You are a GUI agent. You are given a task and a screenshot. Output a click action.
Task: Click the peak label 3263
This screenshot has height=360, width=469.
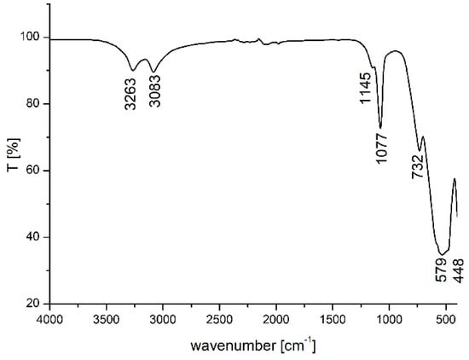tap(130, 94)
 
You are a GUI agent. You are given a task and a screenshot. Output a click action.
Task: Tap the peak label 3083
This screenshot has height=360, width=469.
tap(155, 91)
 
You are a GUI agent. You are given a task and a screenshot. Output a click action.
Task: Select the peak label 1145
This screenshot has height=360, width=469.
tap(366, 88)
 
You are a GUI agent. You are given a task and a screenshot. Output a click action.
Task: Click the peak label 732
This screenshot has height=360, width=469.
tap(418, 166)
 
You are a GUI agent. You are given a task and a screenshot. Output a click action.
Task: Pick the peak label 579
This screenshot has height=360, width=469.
tap(441, 270)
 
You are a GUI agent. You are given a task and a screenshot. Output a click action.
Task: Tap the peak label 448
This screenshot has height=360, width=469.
tap(458, 270)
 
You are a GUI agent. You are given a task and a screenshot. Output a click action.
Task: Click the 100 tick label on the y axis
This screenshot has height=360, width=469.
tap(30, 37)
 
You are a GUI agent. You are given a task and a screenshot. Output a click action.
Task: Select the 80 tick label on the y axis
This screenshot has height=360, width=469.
tap(33, 104)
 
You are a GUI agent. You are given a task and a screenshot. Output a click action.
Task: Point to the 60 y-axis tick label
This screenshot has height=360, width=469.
tap(33, 171)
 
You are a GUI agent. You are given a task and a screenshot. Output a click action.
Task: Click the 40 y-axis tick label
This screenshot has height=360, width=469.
tap(33, 237)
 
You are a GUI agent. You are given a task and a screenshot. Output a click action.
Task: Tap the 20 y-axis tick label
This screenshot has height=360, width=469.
tap(33, 304)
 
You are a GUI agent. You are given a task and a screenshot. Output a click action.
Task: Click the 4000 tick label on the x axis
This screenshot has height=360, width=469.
tap(50, 319)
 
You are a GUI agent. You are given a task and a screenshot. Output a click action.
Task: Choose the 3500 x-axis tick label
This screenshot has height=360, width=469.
tap(107, 319)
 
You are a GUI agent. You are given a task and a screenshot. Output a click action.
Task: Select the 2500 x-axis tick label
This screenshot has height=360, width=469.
tap(219, 319)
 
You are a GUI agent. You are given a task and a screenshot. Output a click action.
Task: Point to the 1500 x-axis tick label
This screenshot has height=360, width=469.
tap(333, 319)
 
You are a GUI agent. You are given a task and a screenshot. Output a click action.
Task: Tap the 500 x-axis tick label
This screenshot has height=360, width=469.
tap(446, 319)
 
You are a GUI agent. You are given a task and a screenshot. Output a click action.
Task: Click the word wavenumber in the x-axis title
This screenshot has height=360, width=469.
tap(234, 346)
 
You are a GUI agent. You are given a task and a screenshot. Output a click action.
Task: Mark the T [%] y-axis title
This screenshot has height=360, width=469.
tap(13, 154)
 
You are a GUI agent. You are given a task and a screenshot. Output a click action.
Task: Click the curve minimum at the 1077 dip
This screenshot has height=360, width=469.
tap(380, 128)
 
